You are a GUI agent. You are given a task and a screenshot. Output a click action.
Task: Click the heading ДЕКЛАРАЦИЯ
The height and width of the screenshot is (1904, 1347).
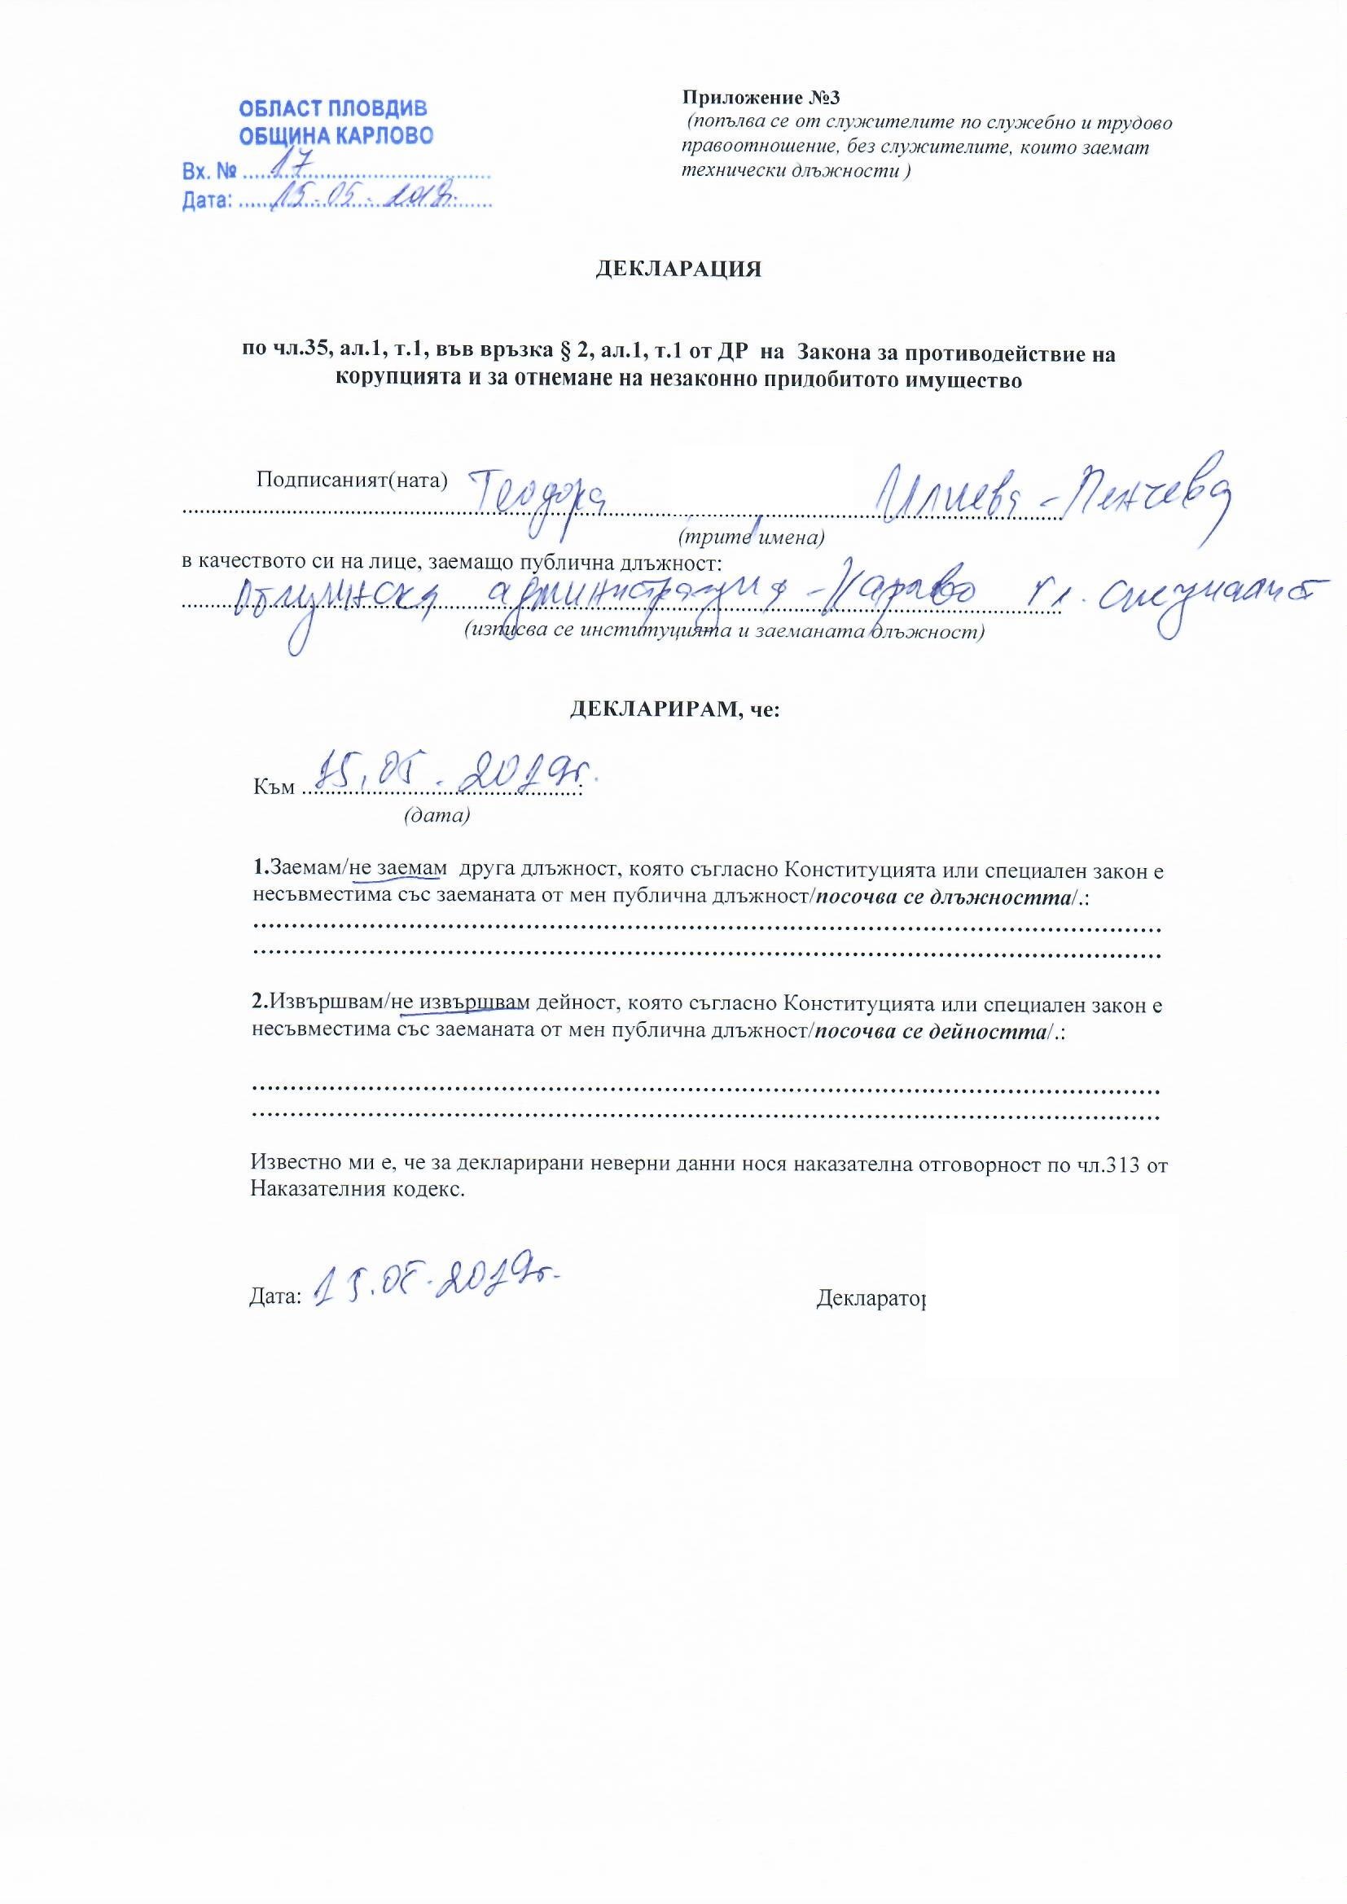(x=678, y=270)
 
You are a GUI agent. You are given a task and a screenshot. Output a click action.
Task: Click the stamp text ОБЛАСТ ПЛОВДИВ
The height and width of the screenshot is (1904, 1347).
(x=332, y=109)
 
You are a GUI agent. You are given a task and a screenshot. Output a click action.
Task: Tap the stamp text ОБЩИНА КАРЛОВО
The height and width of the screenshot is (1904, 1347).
(x=336, y=136)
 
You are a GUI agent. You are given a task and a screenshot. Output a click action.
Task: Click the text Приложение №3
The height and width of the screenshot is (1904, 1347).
(x=761, y=98)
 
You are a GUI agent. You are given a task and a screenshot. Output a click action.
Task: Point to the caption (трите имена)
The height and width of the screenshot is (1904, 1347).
(x=751, y=537)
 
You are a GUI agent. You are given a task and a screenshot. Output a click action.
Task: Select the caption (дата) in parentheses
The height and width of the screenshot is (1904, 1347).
(x=437, y=815)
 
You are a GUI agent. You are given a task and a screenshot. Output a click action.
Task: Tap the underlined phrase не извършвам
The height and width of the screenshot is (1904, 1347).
(x=459, y=1004)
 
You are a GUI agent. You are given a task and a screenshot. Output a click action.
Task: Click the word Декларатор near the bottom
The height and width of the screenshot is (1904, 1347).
(x=870, y=1298)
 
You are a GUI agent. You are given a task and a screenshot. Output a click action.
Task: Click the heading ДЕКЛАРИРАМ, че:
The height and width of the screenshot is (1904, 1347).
(x=673, y=710)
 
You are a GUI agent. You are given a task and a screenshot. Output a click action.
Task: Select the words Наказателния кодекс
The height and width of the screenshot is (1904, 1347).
(x=357, y=1190)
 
